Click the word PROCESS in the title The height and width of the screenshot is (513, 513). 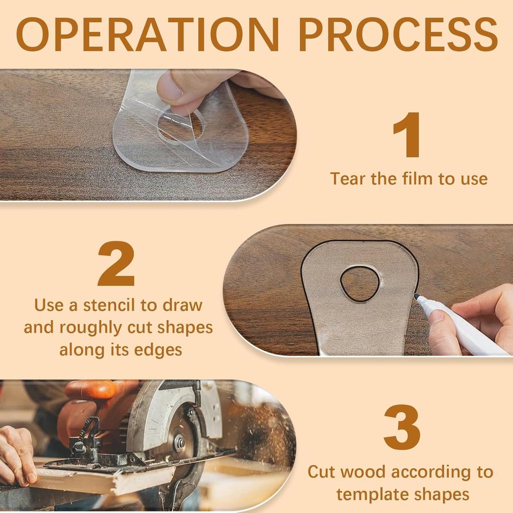click(401, 35)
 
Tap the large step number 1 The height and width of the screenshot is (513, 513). click(407, 135)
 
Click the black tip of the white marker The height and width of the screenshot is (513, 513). click(416, 297)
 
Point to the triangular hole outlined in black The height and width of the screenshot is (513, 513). click(360, 284)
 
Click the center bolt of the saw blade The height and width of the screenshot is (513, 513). click(179, 442)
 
